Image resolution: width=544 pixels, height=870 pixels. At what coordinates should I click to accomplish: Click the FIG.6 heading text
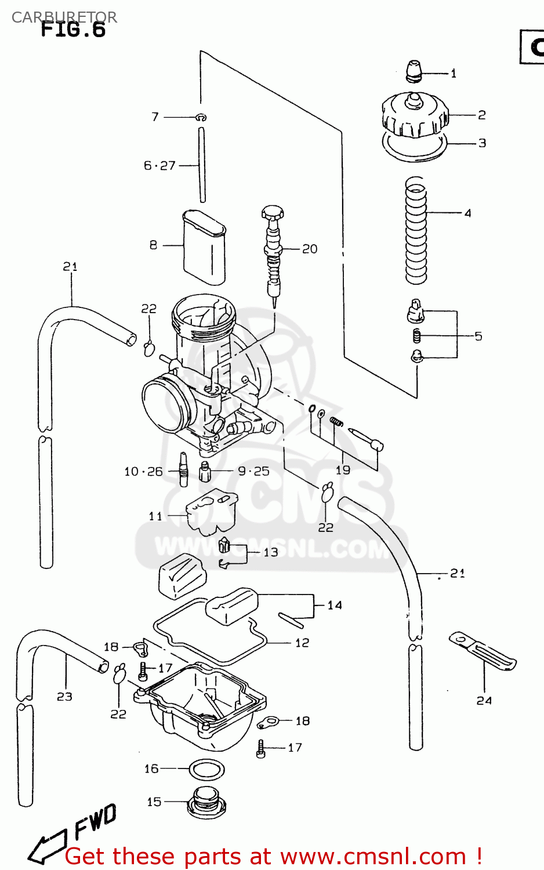click(73, 29)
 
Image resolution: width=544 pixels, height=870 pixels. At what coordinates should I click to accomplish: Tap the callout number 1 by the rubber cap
click(454, 74)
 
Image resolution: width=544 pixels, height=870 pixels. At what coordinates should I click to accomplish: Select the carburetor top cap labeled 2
click(415, 115)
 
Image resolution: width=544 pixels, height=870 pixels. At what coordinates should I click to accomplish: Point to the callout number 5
click(478, 336)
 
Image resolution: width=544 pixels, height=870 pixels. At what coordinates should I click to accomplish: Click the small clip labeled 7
click(201, 117)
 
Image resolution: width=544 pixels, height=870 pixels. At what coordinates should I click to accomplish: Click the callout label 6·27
click(159, 166)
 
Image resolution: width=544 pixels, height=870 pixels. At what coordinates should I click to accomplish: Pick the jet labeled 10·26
click(184, 469)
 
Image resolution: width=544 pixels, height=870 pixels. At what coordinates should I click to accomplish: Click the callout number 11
click(155, 516)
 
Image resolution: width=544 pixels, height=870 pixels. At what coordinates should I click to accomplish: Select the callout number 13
click(271, 552)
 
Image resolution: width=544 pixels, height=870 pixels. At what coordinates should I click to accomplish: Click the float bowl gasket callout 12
click(302, 643)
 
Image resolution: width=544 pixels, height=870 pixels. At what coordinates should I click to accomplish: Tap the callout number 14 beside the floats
click(335, 606)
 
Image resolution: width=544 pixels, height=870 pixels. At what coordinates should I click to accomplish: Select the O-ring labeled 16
click(207, 770)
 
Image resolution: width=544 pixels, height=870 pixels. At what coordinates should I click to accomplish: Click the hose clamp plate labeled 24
click(483, 651)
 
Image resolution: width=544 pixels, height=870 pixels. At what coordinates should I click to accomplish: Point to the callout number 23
click(64, 697)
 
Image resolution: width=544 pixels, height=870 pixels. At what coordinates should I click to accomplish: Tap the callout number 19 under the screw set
click(343, 470)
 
